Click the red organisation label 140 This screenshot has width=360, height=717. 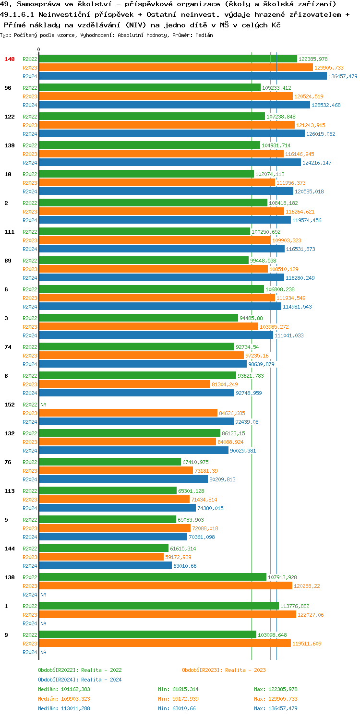(10, 59)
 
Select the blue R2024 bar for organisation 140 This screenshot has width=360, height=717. (182, 76)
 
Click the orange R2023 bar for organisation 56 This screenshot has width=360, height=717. (166, 96)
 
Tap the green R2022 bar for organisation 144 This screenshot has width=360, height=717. (103, 549)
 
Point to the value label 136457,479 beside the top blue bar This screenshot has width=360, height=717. (342, 76)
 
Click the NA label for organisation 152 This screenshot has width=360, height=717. (43, 405)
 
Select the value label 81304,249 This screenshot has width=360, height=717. (225, 384)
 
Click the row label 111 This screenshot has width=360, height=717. (10, 232)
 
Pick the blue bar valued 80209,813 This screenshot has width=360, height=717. (123, 479)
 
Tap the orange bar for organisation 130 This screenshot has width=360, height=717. (166, 586)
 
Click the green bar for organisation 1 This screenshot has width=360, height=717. (158, 606)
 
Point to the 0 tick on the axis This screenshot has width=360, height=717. (39, 49)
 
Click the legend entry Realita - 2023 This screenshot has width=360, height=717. (224, 670)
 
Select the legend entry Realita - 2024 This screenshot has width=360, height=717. (80, 680)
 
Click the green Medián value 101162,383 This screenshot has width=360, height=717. (64, 689)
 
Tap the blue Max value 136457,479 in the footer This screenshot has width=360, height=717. (276, 708)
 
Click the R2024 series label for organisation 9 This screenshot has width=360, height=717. (30, 652)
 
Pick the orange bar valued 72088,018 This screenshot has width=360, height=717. (115, 528)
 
